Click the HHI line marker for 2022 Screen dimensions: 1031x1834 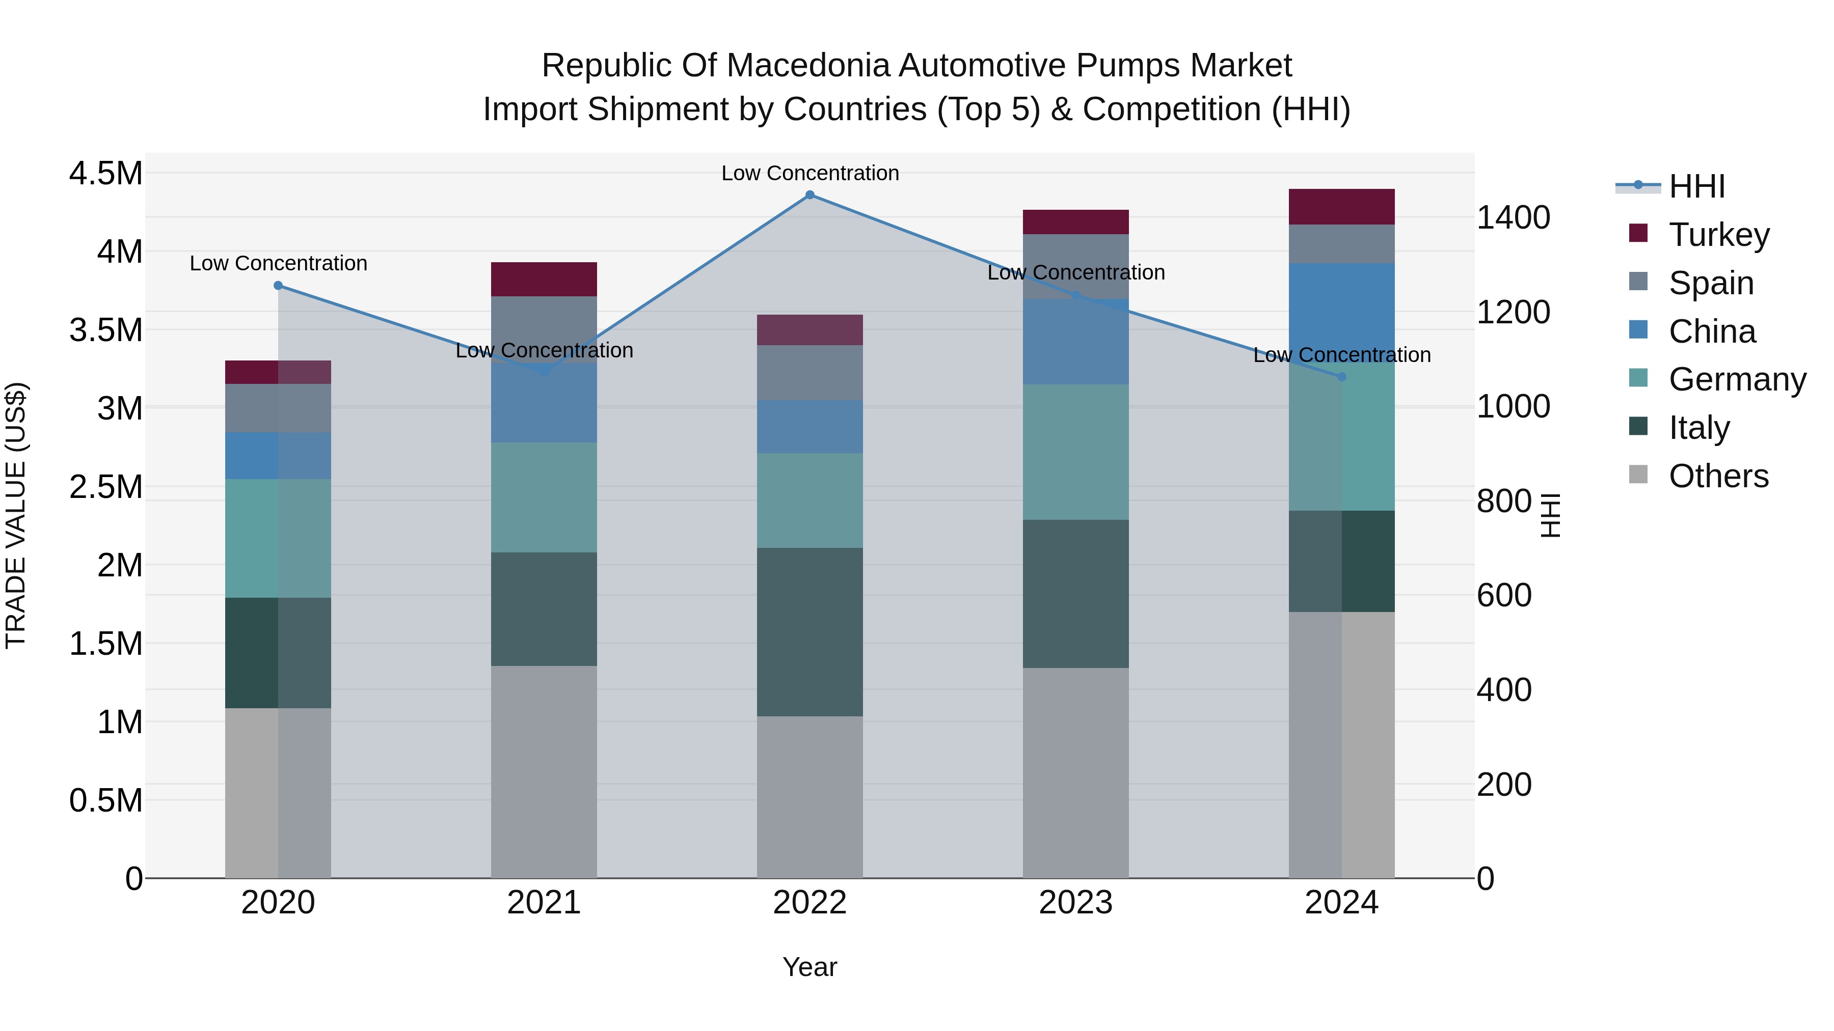pos(810,195)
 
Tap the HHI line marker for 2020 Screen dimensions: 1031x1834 pos(278,285)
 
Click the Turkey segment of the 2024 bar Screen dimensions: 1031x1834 pos(1341,207)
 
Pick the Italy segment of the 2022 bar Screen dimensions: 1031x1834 pos(810,631)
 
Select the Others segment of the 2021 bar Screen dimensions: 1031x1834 pos(544,771)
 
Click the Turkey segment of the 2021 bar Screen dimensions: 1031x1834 pos(544,279)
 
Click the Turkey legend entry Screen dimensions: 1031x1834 pos(1718,235)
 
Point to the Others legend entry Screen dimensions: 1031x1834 pos(1717,476)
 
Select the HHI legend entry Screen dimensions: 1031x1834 pos(1696,186)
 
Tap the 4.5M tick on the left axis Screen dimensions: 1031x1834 pos(105,174)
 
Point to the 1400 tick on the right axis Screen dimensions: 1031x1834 pos(1513,218)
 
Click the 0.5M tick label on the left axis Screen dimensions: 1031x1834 pos(105,800)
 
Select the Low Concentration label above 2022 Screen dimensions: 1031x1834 pos(810,173)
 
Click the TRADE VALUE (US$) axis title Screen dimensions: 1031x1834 pos(16,515)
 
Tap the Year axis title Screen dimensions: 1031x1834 pos(810,967)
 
